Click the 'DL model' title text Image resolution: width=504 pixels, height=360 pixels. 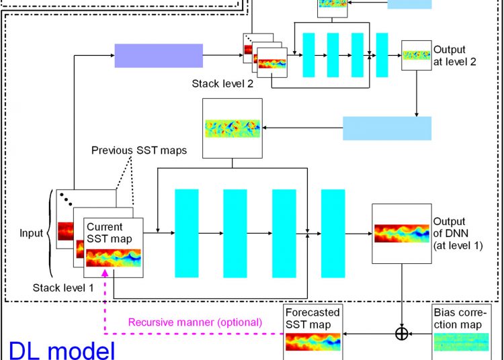(x=62, y=349)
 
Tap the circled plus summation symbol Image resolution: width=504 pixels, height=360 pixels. (x=402, y=333)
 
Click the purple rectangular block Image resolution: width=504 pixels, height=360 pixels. (x=159, y=55)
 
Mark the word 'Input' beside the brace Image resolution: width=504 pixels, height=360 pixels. (x=32, y=234)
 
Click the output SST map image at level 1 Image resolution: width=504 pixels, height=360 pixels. (x=401, y=234)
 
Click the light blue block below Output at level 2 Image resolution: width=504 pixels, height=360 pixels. (x=387, y=128)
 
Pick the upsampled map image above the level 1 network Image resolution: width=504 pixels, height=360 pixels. (x=233, y=126)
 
